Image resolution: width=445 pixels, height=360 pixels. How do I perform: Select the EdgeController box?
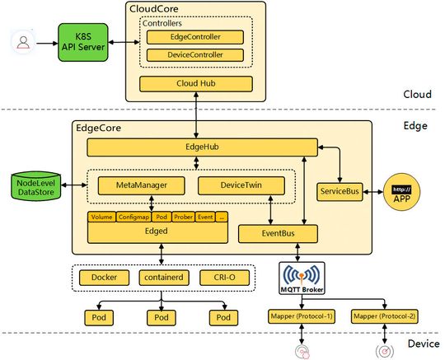(x=194, y=37)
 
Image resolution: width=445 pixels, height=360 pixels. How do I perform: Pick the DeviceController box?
(x=194, y=55)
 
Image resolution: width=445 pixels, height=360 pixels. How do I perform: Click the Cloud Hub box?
(x=194, y=84)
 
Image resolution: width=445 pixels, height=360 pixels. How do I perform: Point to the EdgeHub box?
(x=202, y=147)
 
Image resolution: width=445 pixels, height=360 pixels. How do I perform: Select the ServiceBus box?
(x=341, y=191)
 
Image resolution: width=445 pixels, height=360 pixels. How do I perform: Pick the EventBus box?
(x=278, y=234)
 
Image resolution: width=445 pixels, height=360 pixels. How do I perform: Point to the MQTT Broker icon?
(x=301, y=278)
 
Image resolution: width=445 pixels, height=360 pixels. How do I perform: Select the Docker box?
(x=105, y=278)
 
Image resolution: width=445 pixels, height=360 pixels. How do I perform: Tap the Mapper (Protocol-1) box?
(x=301, y=316)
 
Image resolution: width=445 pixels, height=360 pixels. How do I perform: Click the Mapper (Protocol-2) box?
(x=384, y=316)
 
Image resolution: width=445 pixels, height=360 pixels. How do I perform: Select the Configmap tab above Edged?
(x=133, y=217)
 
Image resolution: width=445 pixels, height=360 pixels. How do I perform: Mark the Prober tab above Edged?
(x=183, y=217)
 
